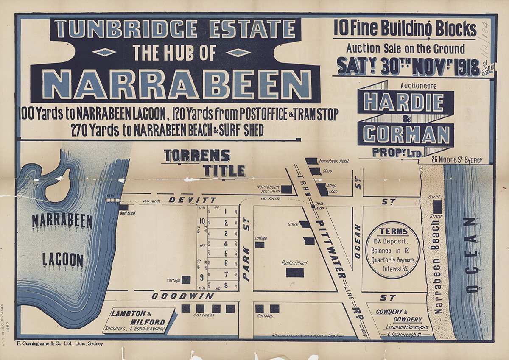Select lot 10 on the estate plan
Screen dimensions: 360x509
[202, 220]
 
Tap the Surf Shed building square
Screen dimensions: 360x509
[437, 207]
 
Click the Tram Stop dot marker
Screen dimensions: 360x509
[313, 207]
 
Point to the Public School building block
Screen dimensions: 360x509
[295, 272]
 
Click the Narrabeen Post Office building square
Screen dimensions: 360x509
[287, 189]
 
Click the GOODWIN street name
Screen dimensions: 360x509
[182, 296]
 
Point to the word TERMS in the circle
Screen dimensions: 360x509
[394, 232]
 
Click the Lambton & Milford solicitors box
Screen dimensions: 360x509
[140, 321]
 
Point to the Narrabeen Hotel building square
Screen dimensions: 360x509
[311, 161]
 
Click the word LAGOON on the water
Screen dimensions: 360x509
[63, 260]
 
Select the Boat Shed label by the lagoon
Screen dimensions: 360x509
[127, 213]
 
